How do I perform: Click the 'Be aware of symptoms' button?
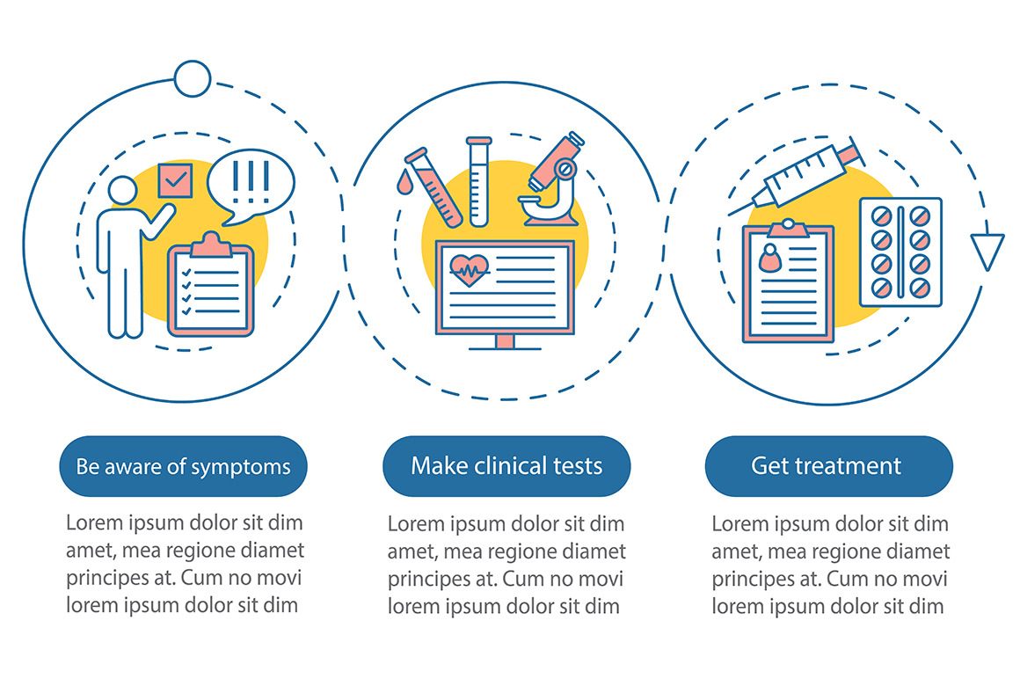[x=183, y=466]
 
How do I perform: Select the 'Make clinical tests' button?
[x=506, y=466]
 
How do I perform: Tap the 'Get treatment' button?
[x=828, y=466]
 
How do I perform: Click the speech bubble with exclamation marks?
[x=251, y=186]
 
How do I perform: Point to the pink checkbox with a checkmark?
[x=176, y=180]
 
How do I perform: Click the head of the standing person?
[x=123, y=191]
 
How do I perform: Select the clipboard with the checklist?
[x=211, y=285]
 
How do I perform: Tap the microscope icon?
[x=552, y=180]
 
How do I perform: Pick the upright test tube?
[x=478, y=181]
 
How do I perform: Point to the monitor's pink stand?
[x=505, y=341]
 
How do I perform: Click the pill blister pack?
[x=901, y=252]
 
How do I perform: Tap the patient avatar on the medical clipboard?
[x=770, y=259]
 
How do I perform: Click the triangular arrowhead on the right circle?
[x=987, y=252]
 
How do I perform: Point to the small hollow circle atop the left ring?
[x=193, y=78]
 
